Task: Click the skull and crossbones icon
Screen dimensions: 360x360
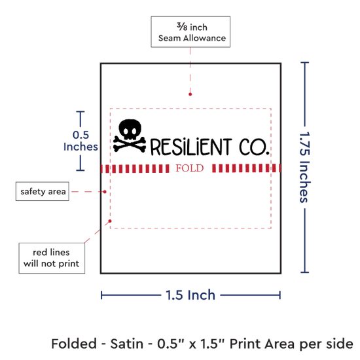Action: pos(130,135)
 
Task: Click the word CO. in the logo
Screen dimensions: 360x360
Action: pos(254,147)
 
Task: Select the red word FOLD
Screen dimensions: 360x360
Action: pos(190,168)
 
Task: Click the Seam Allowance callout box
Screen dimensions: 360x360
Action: pos(190,32)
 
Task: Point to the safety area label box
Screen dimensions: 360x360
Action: pos(43,192)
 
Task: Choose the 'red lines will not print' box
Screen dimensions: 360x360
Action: pos(52,258)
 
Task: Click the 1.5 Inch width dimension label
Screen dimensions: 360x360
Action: pos(190,295)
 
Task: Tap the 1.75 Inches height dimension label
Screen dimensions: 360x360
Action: pos(305,168)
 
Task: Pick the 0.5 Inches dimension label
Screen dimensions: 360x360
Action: pos(81,141)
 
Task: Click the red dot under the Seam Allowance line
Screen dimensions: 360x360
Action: pos(190,94)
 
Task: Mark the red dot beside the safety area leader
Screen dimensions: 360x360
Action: pos(105,192)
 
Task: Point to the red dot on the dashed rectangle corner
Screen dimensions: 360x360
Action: pos(110,221)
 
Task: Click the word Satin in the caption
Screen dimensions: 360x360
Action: pos(126,344)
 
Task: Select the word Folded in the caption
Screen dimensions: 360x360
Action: pos(74,344)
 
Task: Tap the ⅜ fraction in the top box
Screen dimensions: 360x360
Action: pos(182,27)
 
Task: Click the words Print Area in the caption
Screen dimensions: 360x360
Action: pos(262,344)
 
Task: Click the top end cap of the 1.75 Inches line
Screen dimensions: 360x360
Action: pos(304,62)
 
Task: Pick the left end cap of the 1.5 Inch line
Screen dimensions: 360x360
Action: pos(101,295)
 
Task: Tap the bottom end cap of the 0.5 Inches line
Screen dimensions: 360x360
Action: pos(81,170)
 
